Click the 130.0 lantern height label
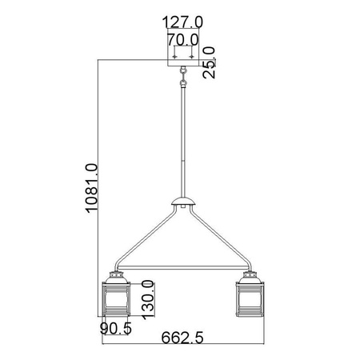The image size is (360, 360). tap(146, 301)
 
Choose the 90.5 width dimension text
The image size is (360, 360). tap(116, 330)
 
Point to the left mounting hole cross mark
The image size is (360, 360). tap(175, 57)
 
